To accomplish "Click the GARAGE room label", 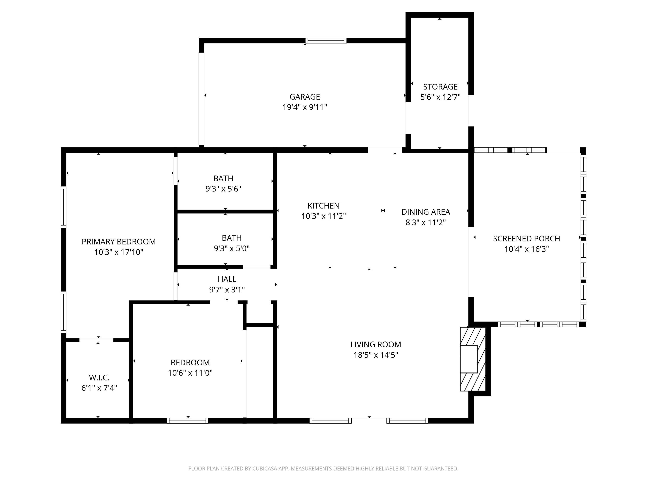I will coord(305,97).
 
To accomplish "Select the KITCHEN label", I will coord(323,206).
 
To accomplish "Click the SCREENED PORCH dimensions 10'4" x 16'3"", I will coord(526,249).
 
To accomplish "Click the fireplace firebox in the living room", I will coord(469,359).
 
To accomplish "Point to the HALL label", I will coord(227,279).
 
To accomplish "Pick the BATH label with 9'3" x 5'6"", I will coord(223,178).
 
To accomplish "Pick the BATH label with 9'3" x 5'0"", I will coord(231,238).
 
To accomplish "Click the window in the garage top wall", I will coord(326,41).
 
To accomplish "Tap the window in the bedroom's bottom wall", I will coord(187,421).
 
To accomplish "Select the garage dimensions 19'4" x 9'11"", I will coord(305,107).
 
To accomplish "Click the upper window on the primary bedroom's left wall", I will coord(63,207).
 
